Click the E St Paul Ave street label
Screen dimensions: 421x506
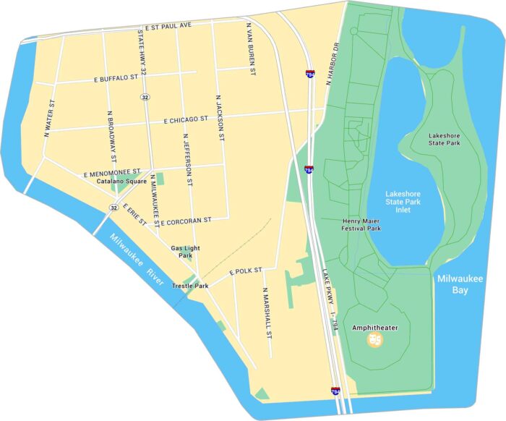pos(168,26)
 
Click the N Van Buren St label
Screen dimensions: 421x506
pos(251,49)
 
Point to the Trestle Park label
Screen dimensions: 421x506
pos(190,286)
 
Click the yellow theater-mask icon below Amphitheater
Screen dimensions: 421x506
pos(374,339)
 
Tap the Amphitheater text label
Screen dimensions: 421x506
pos(374,328)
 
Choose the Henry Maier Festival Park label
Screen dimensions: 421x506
pos(361,224)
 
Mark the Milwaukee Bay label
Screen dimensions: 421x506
pos(454,284)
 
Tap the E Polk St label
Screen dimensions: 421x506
pos(244,270)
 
